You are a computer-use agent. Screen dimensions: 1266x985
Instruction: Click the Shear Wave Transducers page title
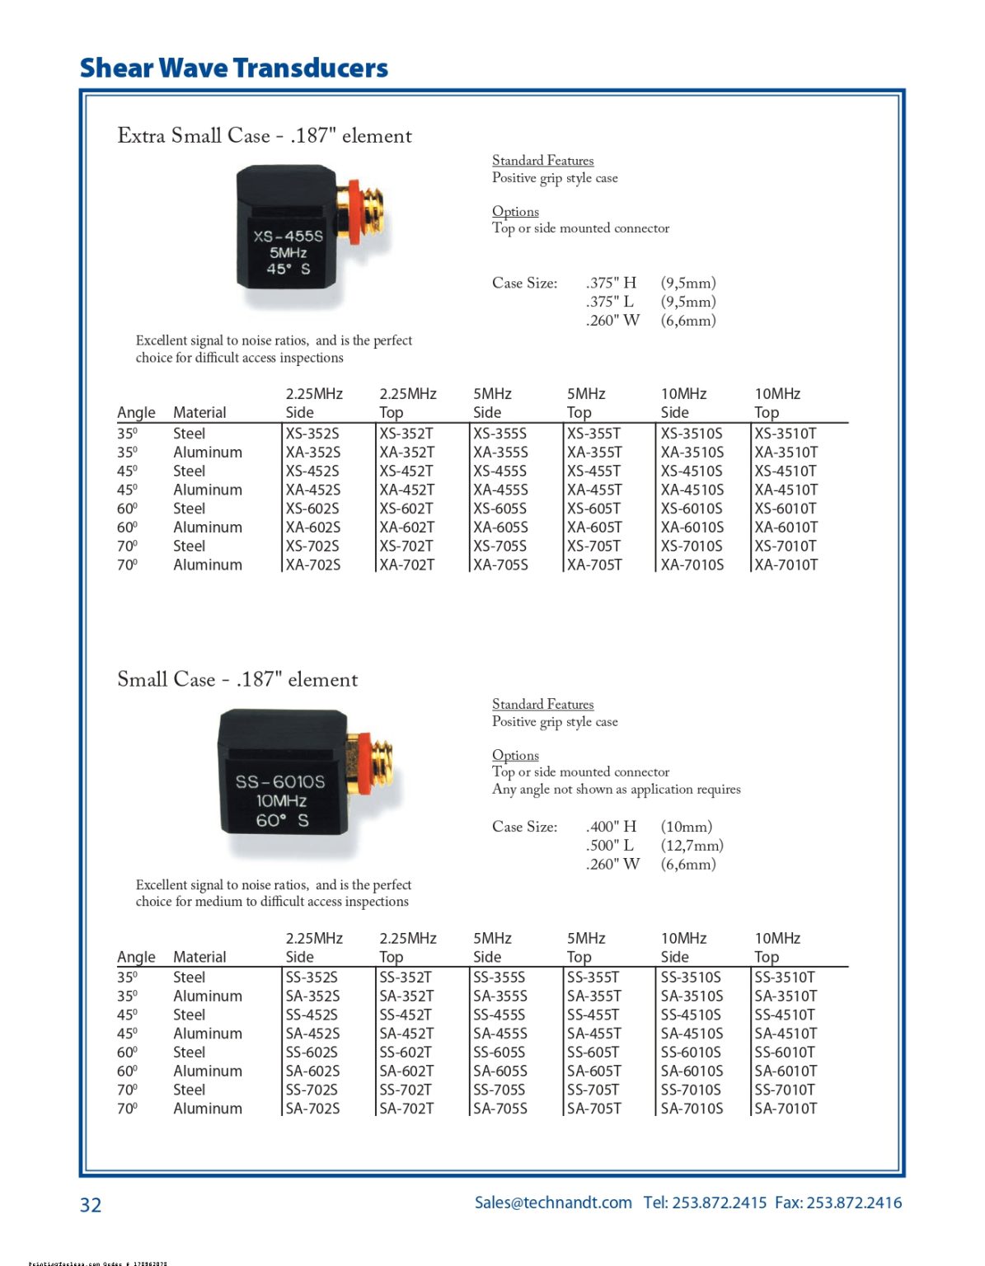tap(233, 68)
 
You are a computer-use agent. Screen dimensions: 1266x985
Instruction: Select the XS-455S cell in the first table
tap(500, 471)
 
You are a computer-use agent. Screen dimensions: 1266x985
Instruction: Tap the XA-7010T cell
tap(786, 565)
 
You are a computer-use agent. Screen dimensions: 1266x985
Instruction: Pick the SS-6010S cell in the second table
tap(691, 1053)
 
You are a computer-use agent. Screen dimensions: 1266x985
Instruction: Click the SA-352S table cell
tap(312, 996)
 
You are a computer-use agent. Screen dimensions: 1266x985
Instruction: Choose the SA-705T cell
tap(593, 1109)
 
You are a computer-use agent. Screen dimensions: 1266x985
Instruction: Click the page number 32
tap(91, 1205)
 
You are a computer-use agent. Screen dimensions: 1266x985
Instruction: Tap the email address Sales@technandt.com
tap(553, 1203)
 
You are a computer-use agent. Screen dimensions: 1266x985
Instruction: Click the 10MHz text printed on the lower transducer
tap(281, 801)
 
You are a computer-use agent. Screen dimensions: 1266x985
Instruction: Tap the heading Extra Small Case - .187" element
tap(265, 136)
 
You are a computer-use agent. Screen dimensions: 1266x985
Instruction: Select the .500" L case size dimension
tap(610, 846)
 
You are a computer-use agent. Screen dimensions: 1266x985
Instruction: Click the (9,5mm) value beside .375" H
tap(688, 284)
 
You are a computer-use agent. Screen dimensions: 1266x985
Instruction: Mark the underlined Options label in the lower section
tap(515, 755)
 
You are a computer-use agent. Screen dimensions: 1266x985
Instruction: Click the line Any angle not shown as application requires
tap(616, 790)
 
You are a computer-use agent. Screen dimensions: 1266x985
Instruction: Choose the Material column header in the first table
tap(199, 413)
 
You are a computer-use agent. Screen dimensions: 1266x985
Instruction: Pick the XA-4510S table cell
tap(692, 490)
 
